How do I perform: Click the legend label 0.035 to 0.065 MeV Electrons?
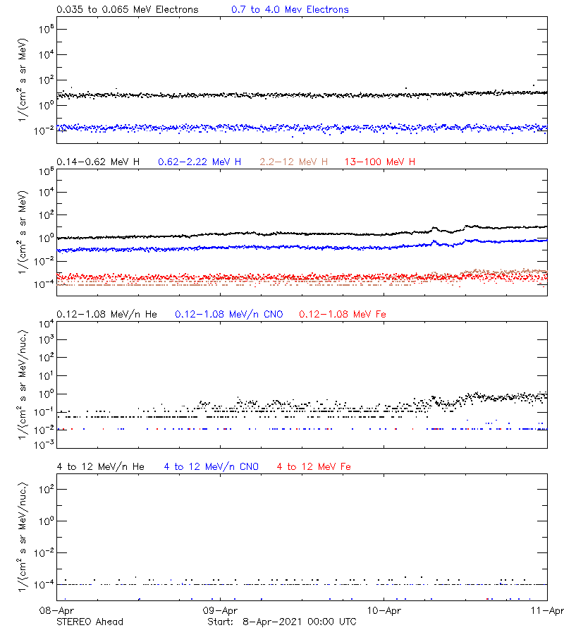tap(127, 10)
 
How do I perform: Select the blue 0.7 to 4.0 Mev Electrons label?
tap(290, 10)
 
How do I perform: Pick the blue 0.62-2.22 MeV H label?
tap(200, 162)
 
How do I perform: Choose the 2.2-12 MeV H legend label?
tap(294, 162)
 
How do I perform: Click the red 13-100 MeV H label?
tap(380, 162)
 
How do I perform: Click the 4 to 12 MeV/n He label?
tap(100, 466)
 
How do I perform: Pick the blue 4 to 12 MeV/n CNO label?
tap(211, 466)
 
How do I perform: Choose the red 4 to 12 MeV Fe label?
tap(314, 466)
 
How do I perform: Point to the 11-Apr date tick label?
tap(547, 610)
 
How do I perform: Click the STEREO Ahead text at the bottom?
tap(90, 622)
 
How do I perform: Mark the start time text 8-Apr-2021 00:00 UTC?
tap(299, 622)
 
